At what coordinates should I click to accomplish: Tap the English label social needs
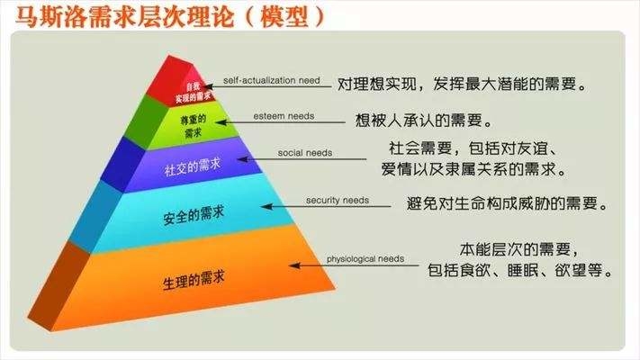pyautogui.click(x=305, y=154)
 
